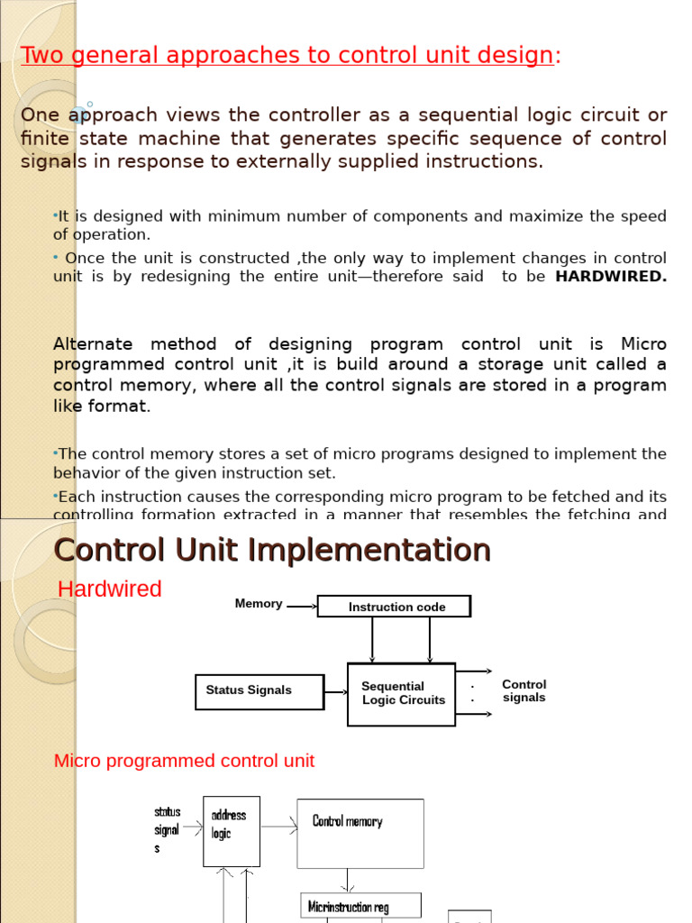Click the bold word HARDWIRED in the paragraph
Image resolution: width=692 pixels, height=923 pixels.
[611, 277]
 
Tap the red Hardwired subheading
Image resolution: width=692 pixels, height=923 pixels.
[109, 589]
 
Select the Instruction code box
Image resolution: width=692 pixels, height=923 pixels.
[394, 607]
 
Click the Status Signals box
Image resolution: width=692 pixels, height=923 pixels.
[259, 691]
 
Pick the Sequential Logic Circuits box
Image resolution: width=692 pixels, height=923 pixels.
[402, 693]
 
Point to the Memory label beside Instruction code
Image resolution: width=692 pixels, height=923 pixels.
[259, 604]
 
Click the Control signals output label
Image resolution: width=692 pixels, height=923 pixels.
[524, 691]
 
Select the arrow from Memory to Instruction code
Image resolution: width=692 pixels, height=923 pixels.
[302, 606]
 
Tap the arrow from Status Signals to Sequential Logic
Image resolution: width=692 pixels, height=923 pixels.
[336, 692]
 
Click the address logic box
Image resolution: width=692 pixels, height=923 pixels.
[231, 831]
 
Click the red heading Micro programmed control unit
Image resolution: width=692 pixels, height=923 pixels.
[184, 761]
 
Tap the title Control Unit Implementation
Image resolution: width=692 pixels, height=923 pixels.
[272, 550]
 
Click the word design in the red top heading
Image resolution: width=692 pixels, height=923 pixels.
[520, 56]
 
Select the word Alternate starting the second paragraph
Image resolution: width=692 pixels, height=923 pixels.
[93, 344]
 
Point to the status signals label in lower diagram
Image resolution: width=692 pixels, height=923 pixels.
[168, 830]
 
